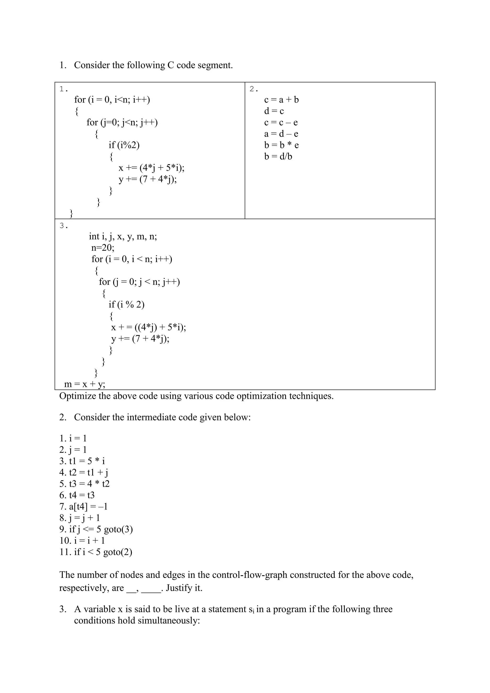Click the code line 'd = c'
click(274, 111)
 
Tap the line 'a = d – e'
click(281, 134)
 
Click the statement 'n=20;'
click(103, 248)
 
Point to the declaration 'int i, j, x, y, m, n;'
click(123, 236)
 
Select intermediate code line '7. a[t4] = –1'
click(83, 506)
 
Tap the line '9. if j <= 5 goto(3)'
click(96, 529)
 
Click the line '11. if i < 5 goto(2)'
click(96, 552)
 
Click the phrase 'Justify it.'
click(184, 588)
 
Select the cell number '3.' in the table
click(64, 226)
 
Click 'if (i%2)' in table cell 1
click(124, 145)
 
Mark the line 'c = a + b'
click(281, 100)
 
